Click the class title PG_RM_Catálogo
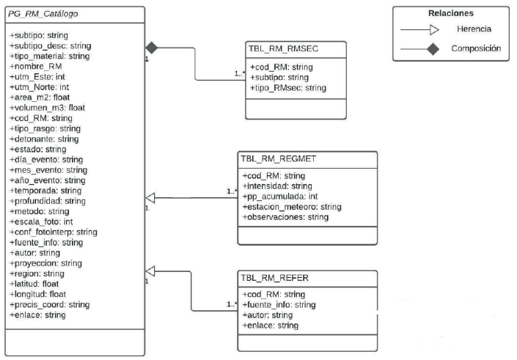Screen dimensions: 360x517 43,14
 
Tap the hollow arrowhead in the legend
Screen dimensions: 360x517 433,30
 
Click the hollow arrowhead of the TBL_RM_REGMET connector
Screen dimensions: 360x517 150,196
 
